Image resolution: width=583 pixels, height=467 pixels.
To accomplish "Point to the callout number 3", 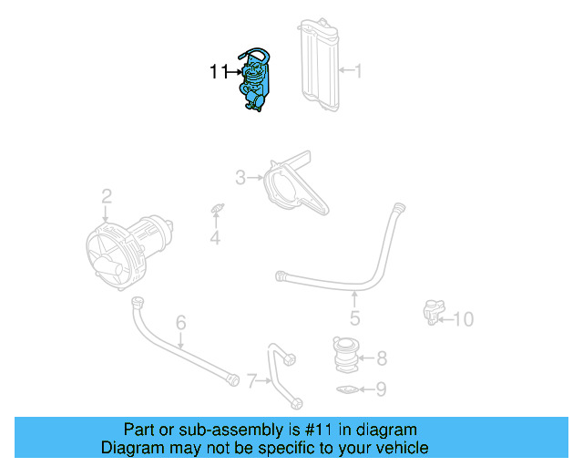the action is [240, 177].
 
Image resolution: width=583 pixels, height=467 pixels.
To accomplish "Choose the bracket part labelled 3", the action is [290, 187].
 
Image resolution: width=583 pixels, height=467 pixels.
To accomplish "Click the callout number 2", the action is [107, 195].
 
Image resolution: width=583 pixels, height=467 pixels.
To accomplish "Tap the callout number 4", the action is [215, 239].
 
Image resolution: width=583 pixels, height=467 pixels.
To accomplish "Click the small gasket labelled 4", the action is [217, 211].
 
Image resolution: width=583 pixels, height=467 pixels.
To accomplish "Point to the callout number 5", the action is [354, 318].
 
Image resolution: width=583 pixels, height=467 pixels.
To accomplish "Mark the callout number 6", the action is [180, 322].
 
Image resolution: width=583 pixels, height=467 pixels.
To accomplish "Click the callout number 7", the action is [252, 377].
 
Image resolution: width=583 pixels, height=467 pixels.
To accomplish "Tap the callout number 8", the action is [381, 358].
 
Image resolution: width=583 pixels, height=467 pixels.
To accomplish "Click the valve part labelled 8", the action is [347, 356].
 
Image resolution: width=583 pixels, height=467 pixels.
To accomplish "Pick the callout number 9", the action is [381, 389].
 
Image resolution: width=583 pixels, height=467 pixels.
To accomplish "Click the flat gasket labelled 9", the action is [347, 391].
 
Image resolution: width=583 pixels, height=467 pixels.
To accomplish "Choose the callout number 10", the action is [464, 319].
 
